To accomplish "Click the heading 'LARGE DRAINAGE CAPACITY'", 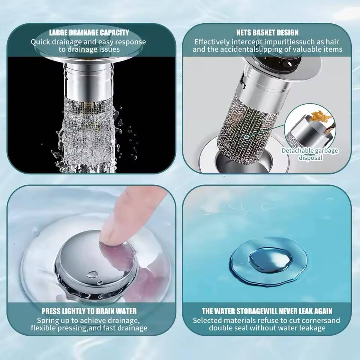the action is tap(89, 33).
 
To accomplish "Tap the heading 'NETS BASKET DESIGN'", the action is tap(267, 33).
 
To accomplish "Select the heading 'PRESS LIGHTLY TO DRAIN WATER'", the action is tap(89, 311).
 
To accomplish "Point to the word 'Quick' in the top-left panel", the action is tap(40, 42).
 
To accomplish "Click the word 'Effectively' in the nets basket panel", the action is tap(211, 42).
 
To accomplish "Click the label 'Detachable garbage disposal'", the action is tap(310, 154).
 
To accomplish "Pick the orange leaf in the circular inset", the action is tap(321, 116).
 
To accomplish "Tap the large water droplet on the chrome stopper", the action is tap(92, 274).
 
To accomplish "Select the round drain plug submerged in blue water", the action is tap(268, 261).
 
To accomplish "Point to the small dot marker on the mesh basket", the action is tap(246, 136).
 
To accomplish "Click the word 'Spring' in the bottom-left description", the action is tap(48, 321).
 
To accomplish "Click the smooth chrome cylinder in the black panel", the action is tap(88, 80).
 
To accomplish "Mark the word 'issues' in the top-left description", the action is tap(109, 49).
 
